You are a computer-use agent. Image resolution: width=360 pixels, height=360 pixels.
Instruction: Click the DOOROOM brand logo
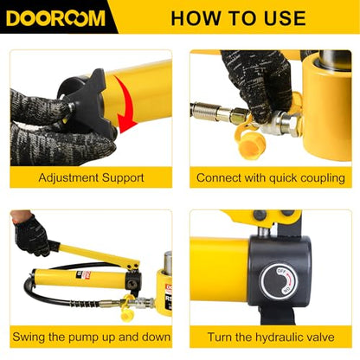(55, 18)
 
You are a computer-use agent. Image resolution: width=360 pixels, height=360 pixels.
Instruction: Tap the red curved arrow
(125, 104)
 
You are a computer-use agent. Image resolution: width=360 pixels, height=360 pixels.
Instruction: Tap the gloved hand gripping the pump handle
(32, 235)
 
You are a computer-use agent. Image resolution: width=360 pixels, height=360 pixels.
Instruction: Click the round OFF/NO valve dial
(279, 281)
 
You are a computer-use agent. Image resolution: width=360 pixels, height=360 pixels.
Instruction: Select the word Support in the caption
(123, 178)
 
